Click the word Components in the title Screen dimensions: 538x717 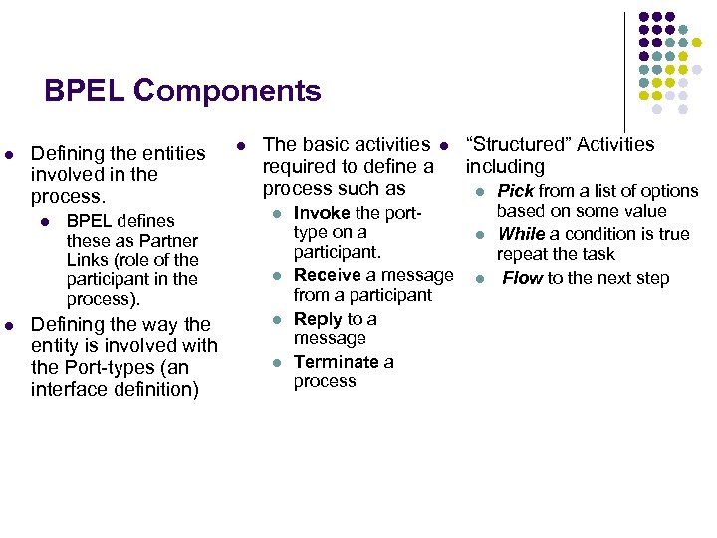(x=228, y=91)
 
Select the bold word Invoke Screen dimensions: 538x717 (x=322, y=213)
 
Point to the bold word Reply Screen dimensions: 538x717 (x=318, y=319)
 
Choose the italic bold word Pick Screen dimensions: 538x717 (x=516, y=191)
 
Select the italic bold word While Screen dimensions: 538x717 (x=521, y=234)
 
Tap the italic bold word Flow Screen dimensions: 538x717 (x=522, y=278)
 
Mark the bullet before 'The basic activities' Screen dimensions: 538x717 (x=240, y=146)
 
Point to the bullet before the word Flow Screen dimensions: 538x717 (x=479, y=279)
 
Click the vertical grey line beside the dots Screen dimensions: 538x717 (x=625, y=60)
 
